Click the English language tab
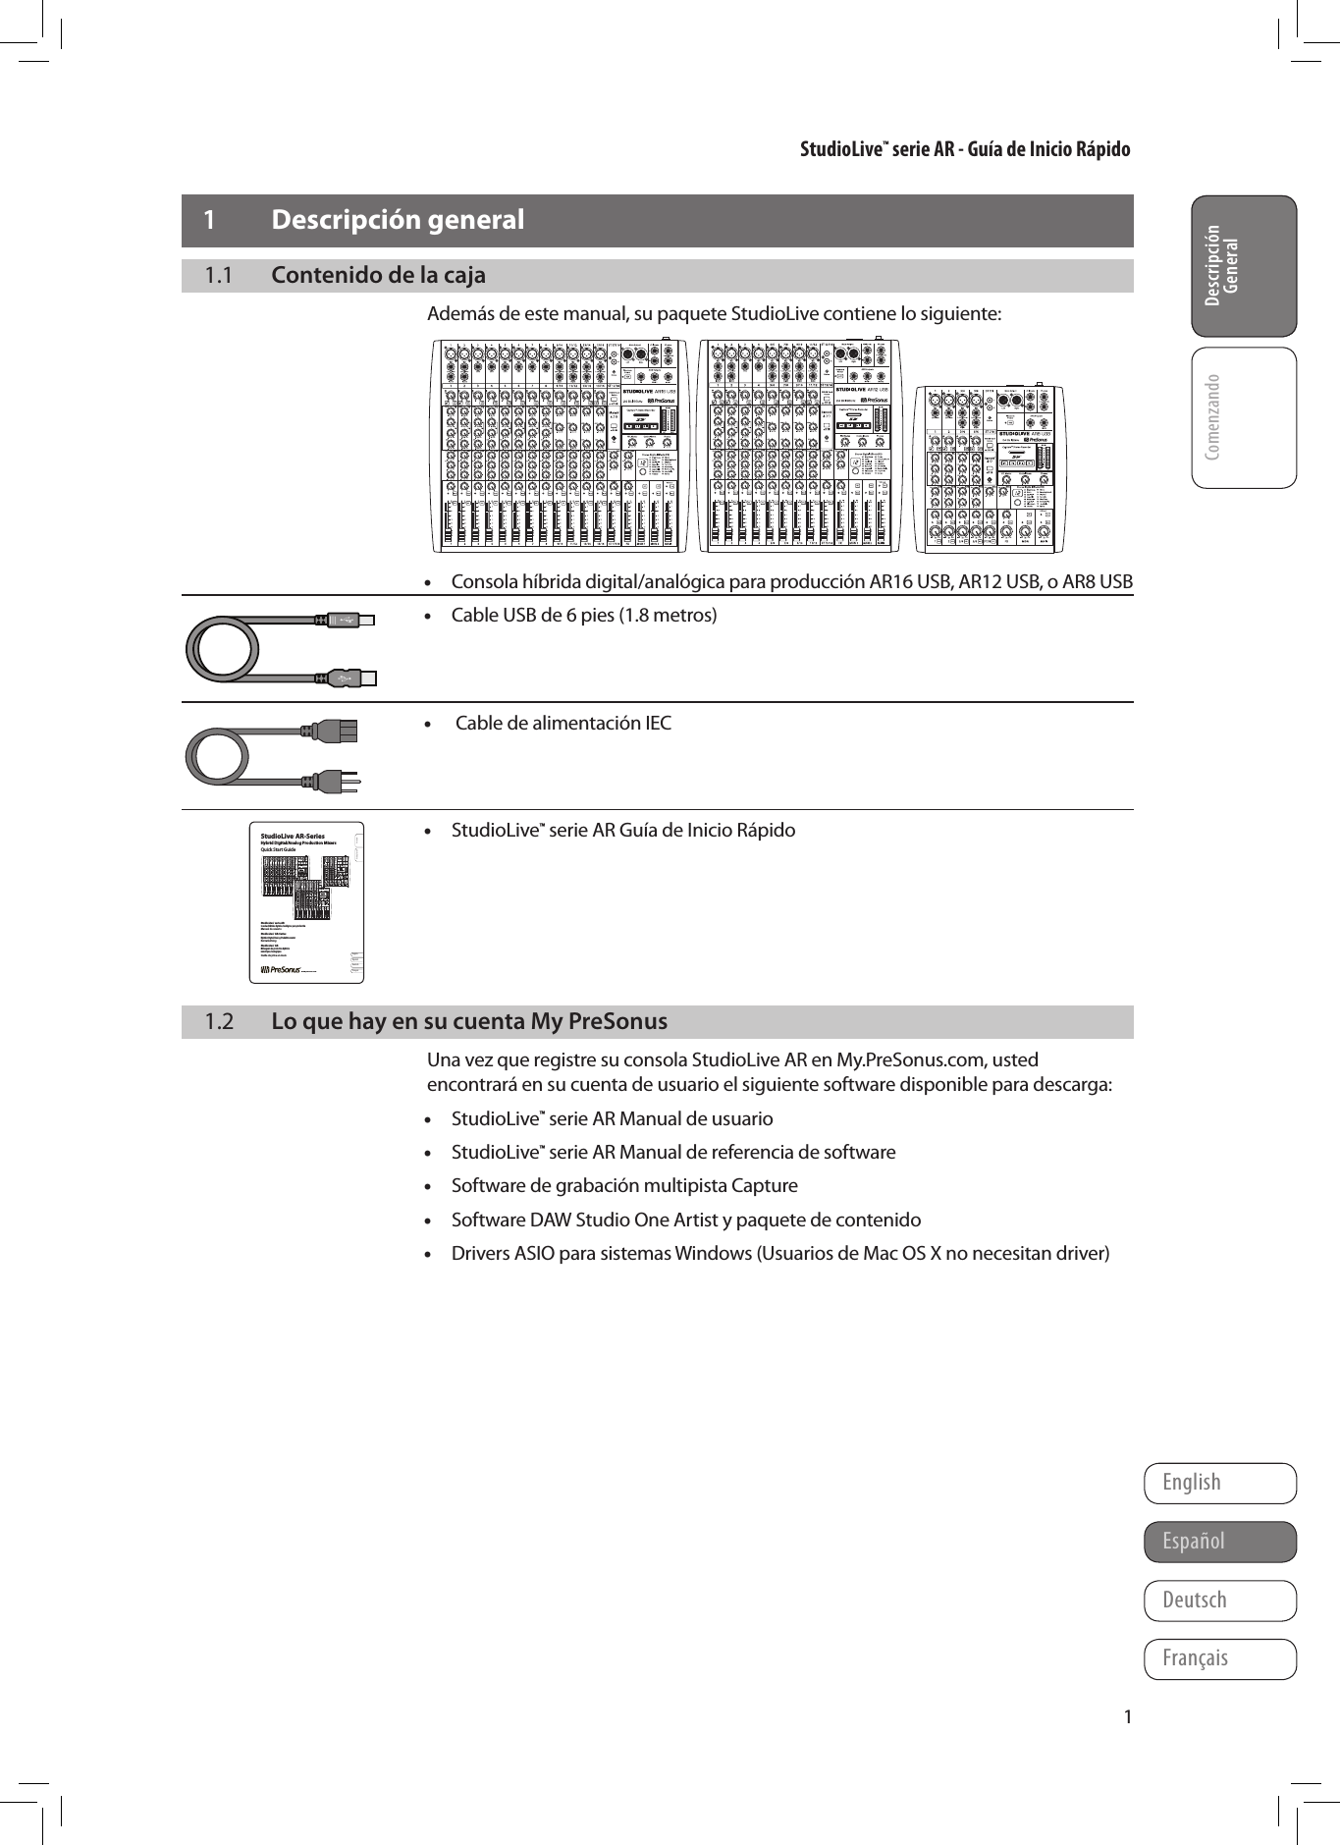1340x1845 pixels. (x=1219, y=1483)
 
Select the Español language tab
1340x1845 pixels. (x=1219, y=1542)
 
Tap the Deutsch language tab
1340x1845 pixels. (x=1219, y=1601)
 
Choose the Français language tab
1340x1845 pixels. (x=1219, y=1658)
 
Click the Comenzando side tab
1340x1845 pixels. (x=1243, y=417)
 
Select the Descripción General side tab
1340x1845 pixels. (x=1243, y=266)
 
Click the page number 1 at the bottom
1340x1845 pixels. (x=1128, y=1717)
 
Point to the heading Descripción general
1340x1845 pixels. (x=398, y=220)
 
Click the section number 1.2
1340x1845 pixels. (x=219, y=1022)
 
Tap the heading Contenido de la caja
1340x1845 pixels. (x=378, y=276)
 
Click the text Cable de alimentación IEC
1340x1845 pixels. (x=563, y=724)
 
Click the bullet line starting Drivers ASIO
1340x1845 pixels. (x=780, y=1254)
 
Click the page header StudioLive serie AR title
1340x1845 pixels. (x=964, y=149)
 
